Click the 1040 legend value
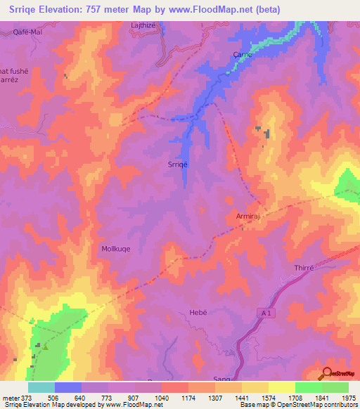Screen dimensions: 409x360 click(161, 397)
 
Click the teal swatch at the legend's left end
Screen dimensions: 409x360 click(41, 387)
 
